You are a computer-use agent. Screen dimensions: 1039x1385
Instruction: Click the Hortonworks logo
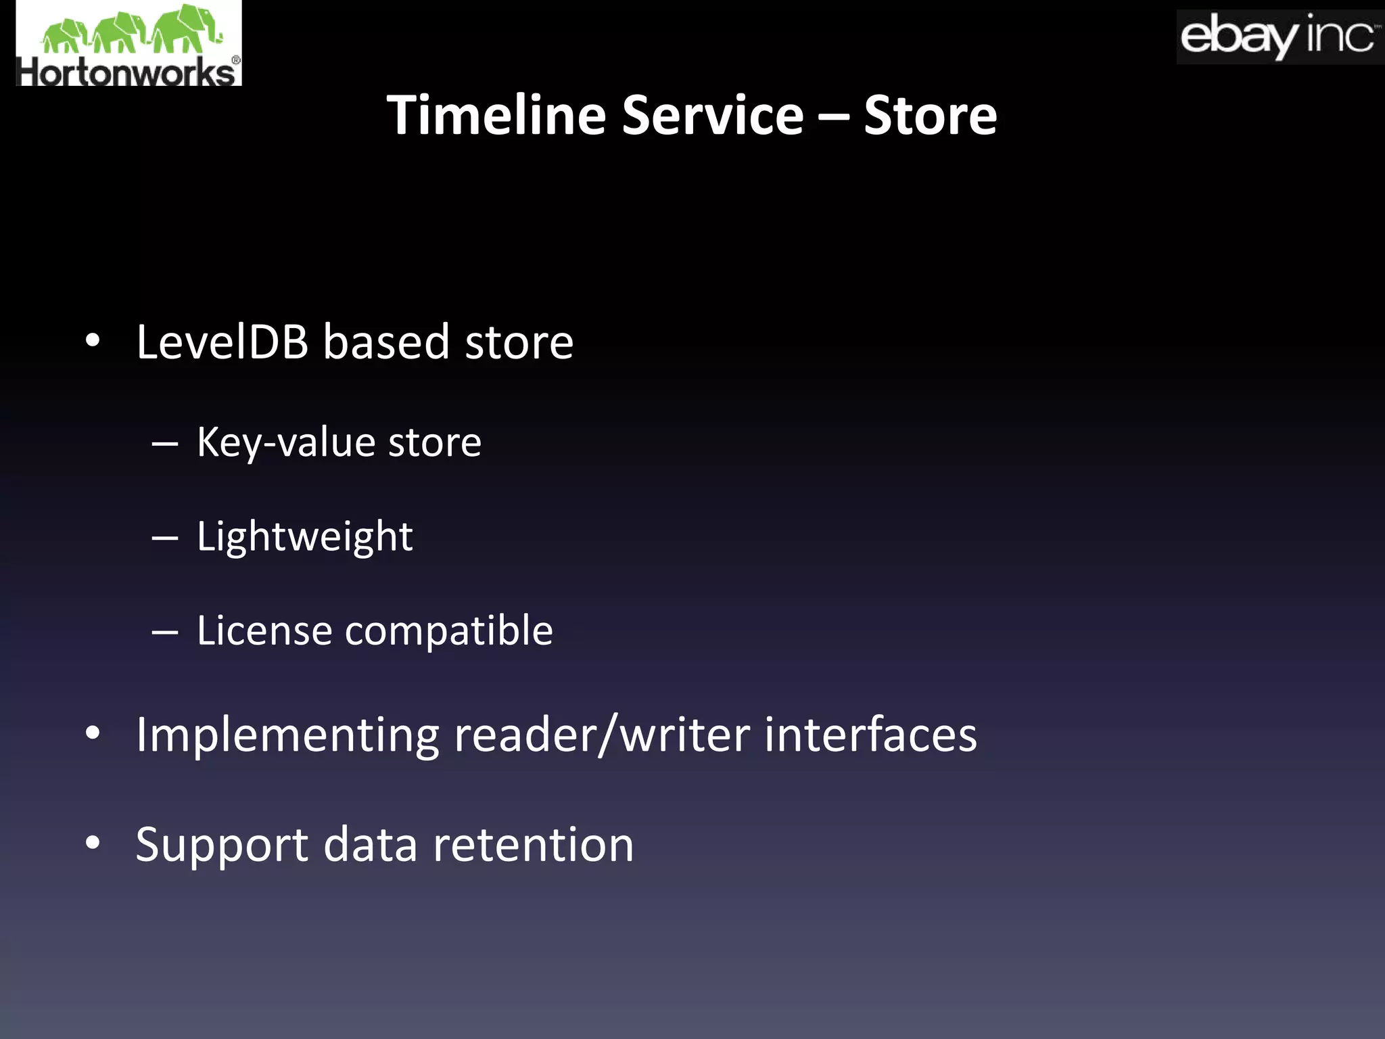pos(128,44)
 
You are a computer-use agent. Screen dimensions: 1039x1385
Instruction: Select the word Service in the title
pos(712,115)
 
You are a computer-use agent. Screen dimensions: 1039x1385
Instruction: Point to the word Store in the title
pos(930,115)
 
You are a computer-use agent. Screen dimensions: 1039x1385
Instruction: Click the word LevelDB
pos(222,342)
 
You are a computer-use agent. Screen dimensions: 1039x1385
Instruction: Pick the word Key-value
pos(285,443)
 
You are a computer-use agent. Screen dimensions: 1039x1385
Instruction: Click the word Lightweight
pos(304,538)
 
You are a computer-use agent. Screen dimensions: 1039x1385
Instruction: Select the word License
pos(264,630)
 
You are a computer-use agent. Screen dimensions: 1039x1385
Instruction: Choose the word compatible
pos(449,632)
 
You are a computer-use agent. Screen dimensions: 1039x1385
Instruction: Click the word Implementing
pos(287,736)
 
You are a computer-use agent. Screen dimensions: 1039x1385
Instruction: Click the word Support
pos(222,846)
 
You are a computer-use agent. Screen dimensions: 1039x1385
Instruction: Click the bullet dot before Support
pos(93,844)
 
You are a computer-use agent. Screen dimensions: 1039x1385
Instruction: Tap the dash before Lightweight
pos(165,538)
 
